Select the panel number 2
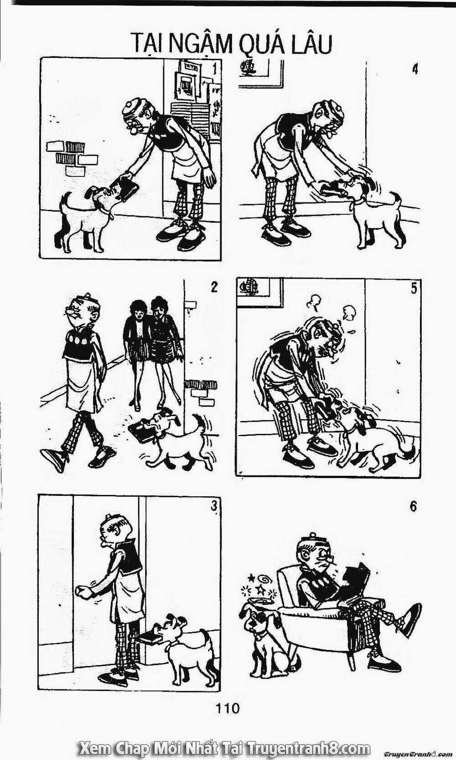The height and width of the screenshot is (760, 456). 213,288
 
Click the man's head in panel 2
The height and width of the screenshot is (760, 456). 83,310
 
